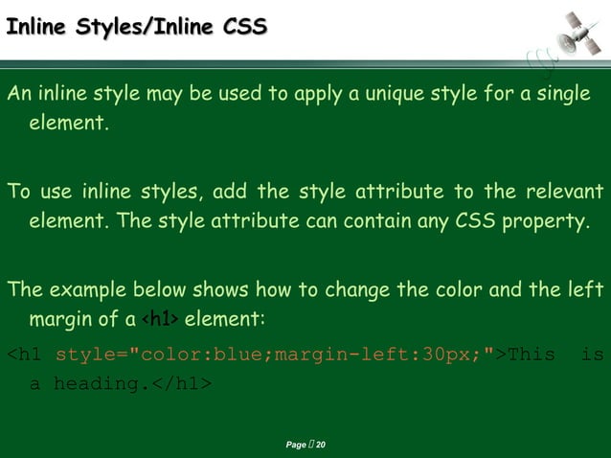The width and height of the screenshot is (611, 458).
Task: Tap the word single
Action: click(557, 95)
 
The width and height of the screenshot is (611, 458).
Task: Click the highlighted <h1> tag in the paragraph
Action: click(159, 318)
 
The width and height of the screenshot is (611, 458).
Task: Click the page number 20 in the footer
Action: click(321, 446)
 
